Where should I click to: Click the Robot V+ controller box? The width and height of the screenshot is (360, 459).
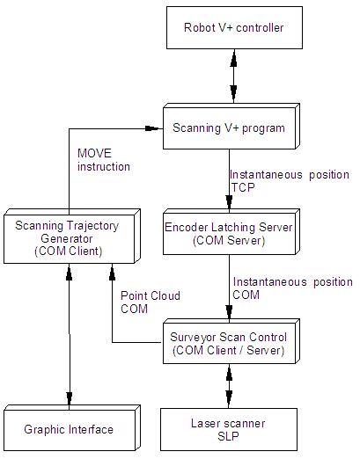[x=234, y=28]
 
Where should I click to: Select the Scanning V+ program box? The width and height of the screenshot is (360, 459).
[x=231, y=126]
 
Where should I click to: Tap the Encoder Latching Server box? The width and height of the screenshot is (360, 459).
[x=231, y=231]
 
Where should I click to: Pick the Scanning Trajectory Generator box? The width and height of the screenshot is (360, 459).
[x=72, y=236]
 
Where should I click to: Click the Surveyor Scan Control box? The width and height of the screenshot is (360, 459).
[x=231, y=341]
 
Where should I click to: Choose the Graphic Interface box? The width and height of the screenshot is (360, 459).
[x=72, y=428]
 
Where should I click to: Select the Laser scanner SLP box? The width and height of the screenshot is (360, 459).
[x=229, y=429]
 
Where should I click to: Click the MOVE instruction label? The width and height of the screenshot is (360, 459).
[x=104, y=160]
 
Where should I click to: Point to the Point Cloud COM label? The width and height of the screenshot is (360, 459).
[x=151, y=302]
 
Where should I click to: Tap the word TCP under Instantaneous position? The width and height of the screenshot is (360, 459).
[x=243, y=187]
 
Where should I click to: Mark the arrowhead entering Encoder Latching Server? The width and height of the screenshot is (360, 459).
[x=230, y=202]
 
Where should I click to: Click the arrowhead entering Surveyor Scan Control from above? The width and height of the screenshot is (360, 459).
[x=230, y=312]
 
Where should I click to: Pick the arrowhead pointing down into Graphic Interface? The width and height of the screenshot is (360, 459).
[x=70, y=398]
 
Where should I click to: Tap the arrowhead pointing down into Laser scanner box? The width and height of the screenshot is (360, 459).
[x=229, y=398]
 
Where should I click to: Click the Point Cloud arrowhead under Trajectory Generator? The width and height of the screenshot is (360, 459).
[x=112, y=271]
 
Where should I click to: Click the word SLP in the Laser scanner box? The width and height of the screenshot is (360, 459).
[x=228, y=436]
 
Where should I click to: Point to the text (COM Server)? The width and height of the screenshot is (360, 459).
[x=229, y=241]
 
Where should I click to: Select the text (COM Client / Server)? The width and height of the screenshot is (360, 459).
[x=229, y=351]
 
